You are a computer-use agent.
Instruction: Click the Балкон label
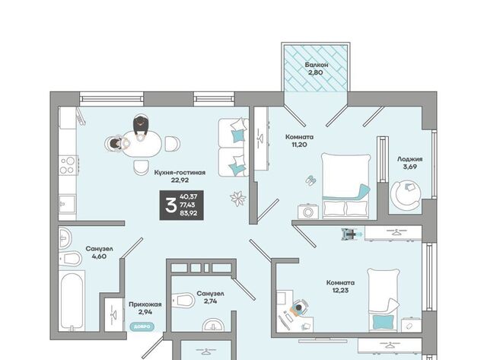coord(317,65)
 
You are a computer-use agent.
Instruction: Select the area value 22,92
coord(180,180)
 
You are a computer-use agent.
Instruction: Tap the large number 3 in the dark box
coord(170,205)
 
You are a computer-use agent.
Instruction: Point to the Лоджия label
coord(409,159)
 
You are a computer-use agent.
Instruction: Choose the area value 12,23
coord(340,291)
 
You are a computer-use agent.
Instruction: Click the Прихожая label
coord(145,304)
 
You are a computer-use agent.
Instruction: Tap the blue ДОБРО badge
coord(142,327)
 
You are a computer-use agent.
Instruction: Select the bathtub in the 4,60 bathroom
coord(72,301)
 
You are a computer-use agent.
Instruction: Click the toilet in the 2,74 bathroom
coord(183,300)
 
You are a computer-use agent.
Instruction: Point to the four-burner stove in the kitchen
coord(68,165)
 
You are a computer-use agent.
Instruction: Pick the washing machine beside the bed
coord(307,212)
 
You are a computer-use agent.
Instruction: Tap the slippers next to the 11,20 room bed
coord(310,180)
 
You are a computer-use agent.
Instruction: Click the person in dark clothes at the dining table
coord(141,126)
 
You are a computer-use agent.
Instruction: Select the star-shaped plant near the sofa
coord(238,199)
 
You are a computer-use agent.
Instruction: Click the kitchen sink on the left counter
coord(67,204)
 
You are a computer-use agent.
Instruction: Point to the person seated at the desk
coord(298,308)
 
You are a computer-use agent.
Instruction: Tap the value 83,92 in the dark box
coord(189,213)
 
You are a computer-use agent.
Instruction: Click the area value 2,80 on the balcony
coord(316,72)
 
